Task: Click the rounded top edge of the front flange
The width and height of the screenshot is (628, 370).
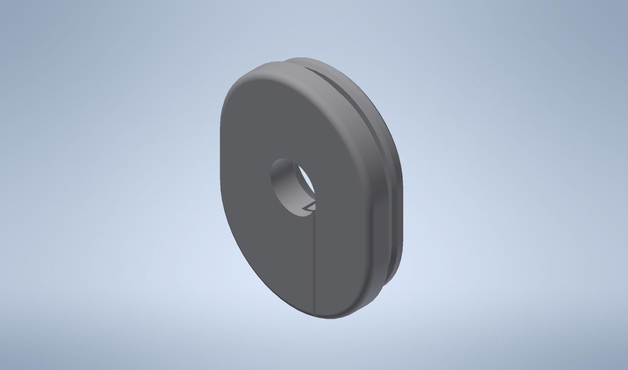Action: [x=261, y=70]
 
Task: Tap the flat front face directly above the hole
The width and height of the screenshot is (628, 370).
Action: [x=291, y=122]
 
